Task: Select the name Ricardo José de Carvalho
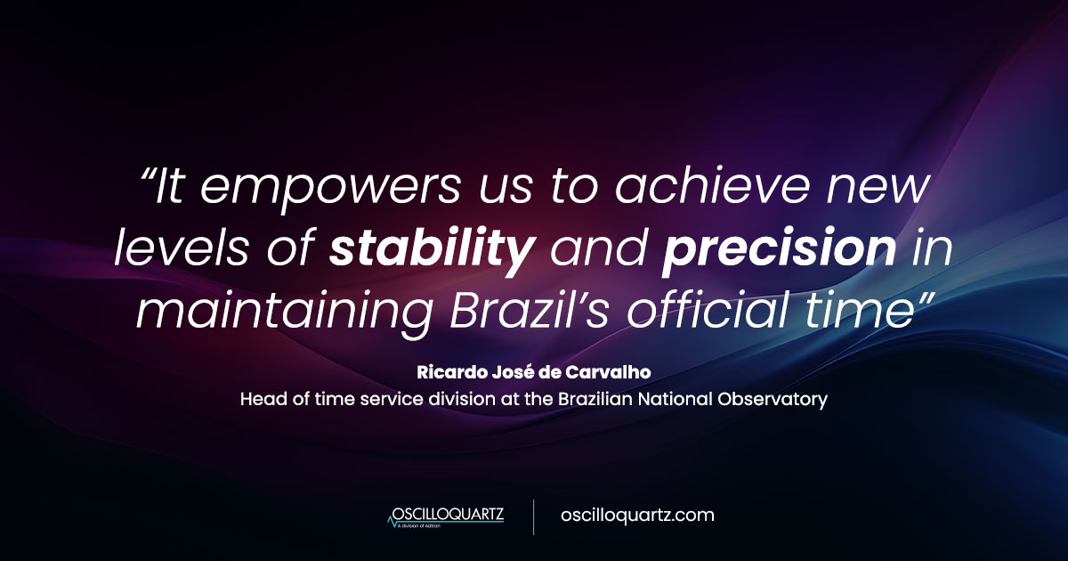point(533,372)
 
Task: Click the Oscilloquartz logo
point(445,516)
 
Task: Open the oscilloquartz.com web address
point(637,516)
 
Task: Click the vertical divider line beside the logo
point(534,516)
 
